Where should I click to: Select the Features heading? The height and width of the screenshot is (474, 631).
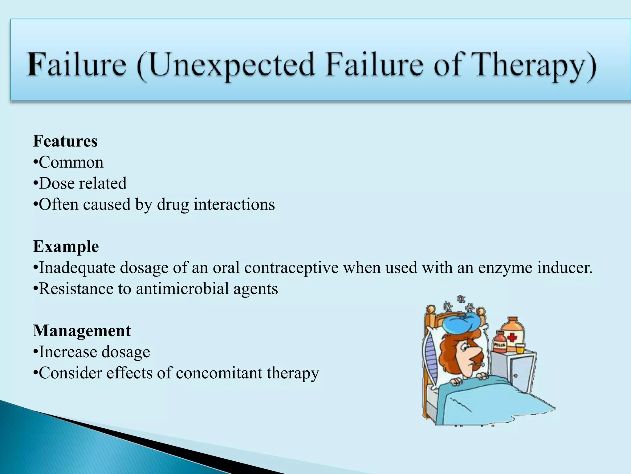point(65,141)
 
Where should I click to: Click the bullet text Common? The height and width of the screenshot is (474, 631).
point(71,162)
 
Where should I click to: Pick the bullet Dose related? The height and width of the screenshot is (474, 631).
point(83,183)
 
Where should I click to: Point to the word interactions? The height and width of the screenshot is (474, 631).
point(234,204)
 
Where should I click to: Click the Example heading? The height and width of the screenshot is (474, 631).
point(66,247)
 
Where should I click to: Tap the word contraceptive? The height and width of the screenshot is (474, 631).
point(291,268)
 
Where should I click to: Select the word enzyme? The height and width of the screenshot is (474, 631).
point(505,268)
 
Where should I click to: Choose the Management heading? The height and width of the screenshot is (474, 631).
point(82,331)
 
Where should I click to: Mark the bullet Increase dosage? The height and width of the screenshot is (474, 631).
point(94,352)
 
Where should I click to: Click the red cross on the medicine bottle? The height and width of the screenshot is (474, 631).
point(512,337)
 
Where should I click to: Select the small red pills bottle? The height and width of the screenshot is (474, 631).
point(500,343)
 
